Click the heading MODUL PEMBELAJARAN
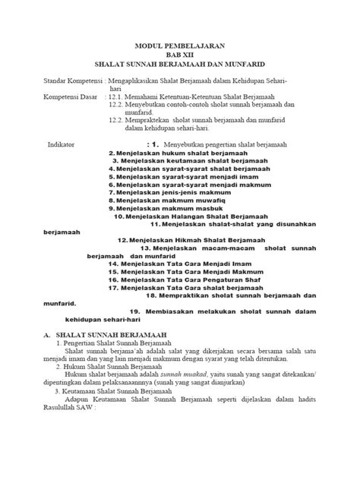(x=179, y=46)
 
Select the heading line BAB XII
(x=179, y=55)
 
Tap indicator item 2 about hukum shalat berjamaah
(x=166, y=153)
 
